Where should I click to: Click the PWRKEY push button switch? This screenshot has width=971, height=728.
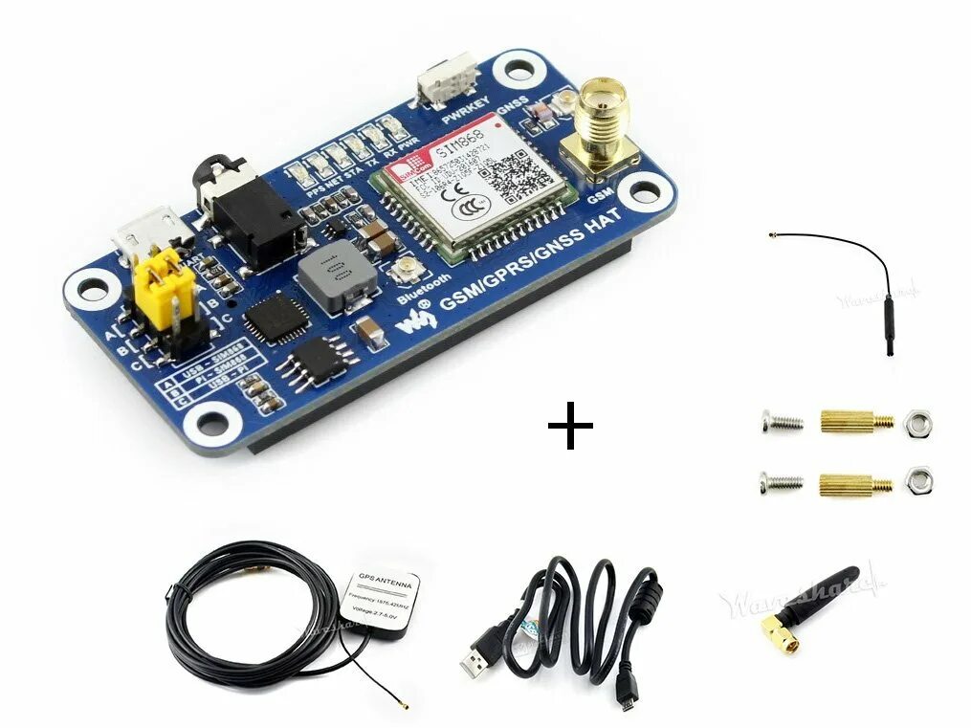pyautogui.click(x=447, y=78)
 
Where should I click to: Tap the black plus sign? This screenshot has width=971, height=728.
pyautogui.click(x=570, y=429)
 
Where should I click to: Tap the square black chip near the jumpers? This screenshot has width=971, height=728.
pyautogui.click(x=276, y=319)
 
